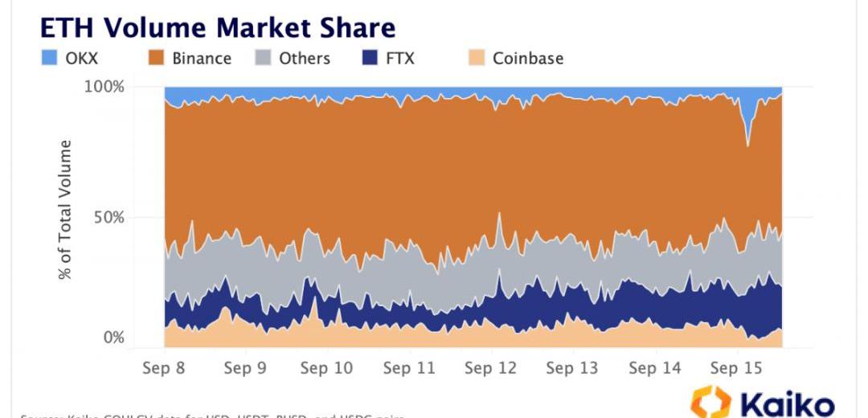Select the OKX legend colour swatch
(49, 58)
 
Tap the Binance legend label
(201, 58)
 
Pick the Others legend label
(305, 58)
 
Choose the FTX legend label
(399, 58)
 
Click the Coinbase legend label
(528, 58)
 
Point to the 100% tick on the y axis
(104, 86)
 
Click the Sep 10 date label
(326, 368)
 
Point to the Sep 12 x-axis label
(490, 368)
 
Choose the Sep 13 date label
(572, 368)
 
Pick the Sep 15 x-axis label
(736, 368)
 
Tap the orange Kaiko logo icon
(710, 402)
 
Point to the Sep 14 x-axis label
(654, 368)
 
